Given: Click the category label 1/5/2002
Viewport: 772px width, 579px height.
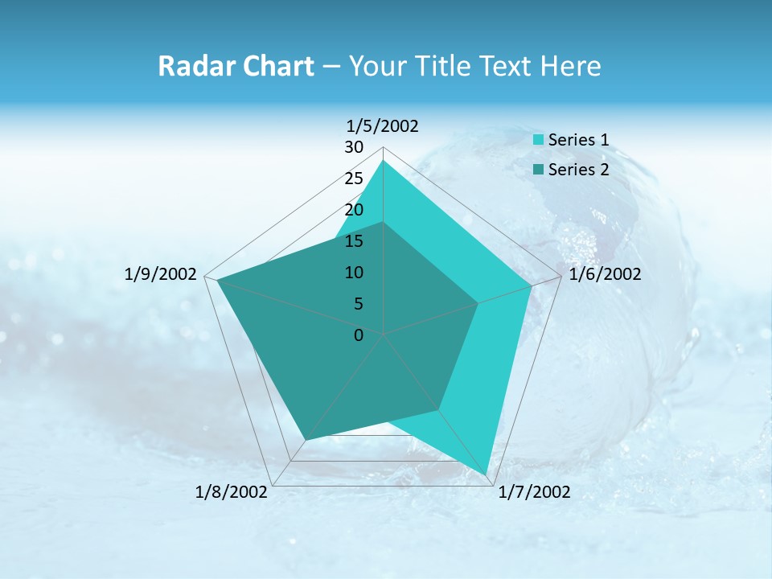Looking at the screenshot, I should [x=383, y=126].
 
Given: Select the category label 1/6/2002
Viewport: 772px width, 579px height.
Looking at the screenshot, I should [x=605, y=274].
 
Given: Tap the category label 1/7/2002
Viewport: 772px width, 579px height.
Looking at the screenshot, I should [x=534, y=492].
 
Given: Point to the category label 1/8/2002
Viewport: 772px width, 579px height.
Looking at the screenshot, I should [x=231, y=492].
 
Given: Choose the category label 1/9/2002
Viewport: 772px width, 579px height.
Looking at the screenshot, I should [x=161, y=274].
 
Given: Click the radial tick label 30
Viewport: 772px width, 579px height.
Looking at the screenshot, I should [x=354, y=147].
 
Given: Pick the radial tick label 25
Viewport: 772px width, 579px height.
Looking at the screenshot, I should [x=354, y=179].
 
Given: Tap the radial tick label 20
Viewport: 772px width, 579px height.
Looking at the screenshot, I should [x=354, y=210].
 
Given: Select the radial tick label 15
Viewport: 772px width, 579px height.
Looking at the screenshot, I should [x=354, y=241].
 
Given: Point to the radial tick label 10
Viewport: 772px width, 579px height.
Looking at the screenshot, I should [x=354, y=273].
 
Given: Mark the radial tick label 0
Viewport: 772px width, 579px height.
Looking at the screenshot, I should [x=359, y=335].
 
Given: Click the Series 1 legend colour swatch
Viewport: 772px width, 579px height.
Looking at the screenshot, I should [x=539, y=140].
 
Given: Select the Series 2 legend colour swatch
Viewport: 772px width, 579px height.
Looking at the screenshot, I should [x=539, y=169].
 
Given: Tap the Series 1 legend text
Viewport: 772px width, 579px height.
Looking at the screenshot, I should [x=578, y=140].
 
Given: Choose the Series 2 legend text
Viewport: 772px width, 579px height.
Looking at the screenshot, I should [x=578, y=169].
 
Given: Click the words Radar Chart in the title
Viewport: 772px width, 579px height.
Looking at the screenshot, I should [x=236, y=66].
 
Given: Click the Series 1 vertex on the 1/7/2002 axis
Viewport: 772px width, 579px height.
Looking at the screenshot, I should [x=487, y=474].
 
